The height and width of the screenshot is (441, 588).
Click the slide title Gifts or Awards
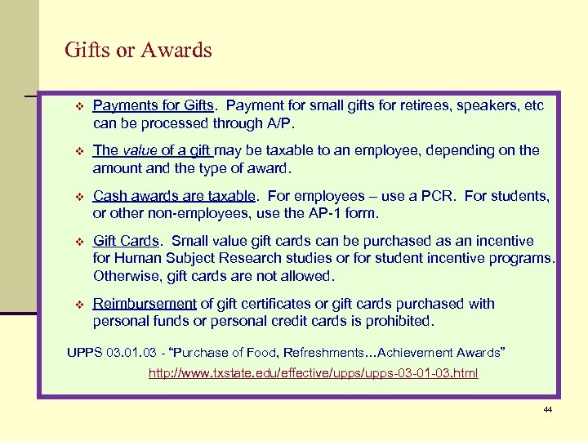[138, 51]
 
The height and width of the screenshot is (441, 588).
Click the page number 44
[547, 409]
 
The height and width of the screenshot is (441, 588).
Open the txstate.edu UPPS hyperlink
[313, 373]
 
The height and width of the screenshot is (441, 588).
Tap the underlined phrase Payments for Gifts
[154, 106]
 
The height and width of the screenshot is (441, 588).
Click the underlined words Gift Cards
[127, 241]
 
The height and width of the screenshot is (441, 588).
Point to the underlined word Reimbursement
[145, 304]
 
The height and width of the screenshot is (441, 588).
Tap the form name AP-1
[336, 214]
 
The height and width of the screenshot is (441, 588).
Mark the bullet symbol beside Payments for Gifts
[79, 107]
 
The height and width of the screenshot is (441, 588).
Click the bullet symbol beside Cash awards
[79, 197]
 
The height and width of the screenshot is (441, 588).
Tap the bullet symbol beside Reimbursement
[79, 305]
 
